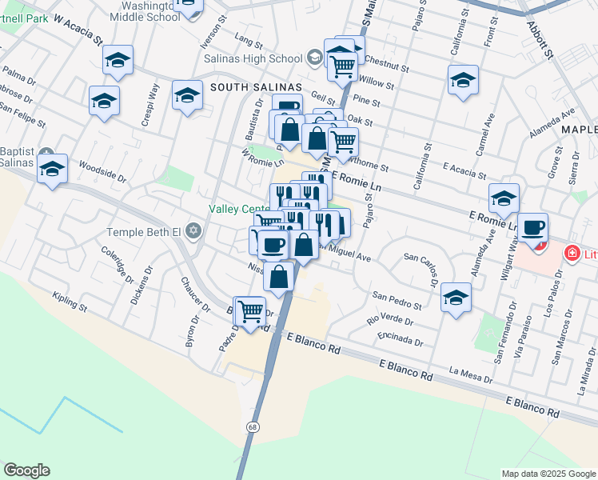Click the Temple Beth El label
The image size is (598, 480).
(144, 233)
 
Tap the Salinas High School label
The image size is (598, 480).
(253, 58)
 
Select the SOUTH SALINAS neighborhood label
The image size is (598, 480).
(257, 86)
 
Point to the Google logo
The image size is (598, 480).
(26, 470)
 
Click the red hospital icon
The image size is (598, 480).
(572, 254)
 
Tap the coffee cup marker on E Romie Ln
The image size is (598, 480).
(532, 226)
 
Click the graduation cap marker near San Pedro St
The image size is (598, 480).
(456, 298)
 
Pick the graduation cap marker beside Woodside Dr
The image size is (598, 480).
(53, 169)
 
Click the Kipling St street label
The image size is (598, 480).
(69, 302)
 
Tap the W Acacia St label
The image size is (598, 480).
(82, 27)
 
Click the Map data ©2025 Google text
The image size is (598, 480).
(548, 474)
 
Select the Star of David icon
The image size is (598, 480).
(193, 233)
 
